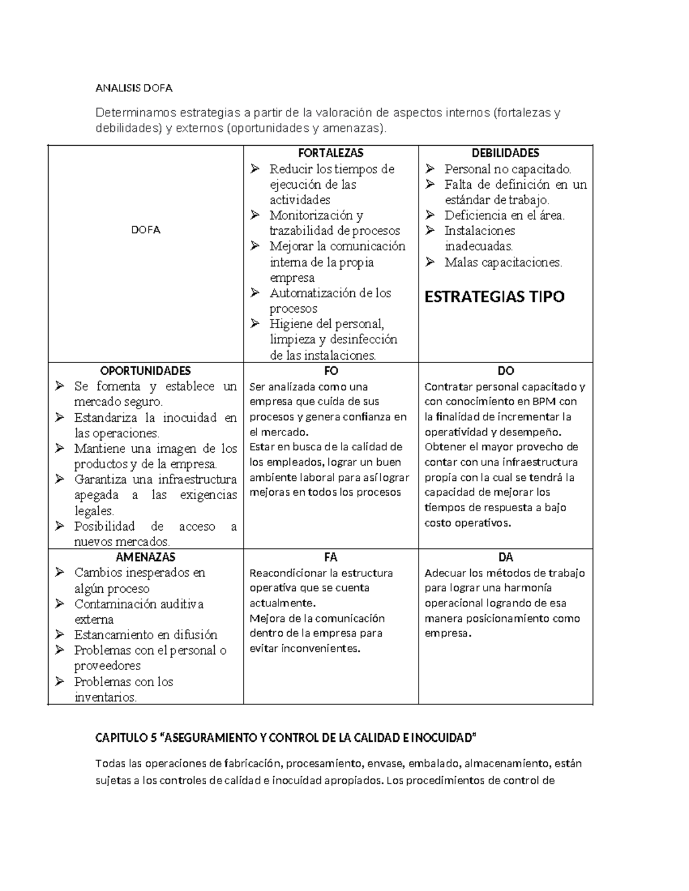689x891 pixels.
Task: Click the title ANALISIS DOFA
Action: click(133, 88)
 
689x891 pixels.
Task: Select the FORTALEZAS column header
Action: click(331, 153)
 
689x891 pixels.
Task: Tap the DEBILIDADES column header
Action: click(505, 153)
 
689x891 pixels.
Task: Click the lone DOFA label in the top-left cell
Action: click(146, 230)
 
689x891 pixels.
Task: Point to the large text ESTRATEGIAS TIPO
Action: click(494, 297)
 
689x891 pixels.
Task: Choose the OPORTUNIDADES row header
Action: click(146, 371)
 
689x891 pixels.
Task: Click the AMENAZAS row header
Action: click(146, 557)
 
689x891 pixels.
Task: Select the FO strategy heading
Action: click(331, 371)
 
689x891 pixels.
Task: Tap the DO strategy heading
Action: click(505, 371)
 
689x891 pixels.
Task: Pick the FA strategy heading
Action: click(331, 557)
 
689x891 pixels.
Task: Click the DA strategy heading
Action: click(505, 557)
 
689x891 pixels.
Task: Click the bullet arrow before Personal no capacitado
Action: click(430, 169)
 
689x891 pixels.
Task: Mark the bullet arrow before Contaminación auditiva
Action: click(60, 604)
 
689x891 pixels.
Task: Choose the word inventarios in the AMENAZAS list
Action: click(106, 698)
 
